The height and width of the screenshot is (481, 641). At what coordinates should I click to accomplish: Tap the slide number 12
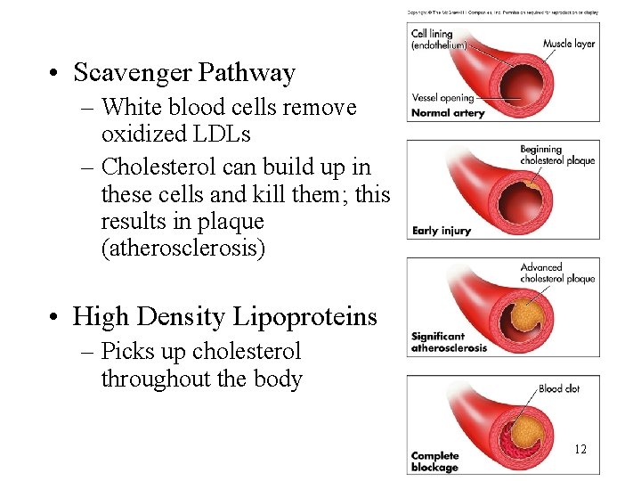(x=580, y=449)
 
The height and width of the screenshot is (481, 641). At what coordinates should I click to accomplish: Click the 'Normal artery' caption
(x=447, y=113)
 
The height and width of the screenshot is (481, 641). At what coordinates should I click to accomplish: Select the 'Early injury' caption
(x=442, y=231)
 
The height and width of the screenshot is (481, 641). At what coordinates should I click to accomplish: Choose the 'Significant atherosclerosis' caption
(x=449, y=342)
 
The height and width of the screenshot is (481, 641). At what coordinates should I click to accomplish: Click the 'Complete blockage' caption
(x=434, y=461)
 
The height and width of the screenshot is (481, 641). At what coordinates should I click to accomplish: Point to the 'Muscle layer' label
(x=569, y=44)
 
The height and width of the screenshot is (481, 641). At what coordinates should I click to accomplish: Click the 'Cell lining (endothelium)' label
(x=438, y=39)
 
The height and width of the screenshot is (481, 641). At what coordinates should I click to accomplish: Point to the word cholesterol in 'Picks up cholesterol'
(x=247, y=352)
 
